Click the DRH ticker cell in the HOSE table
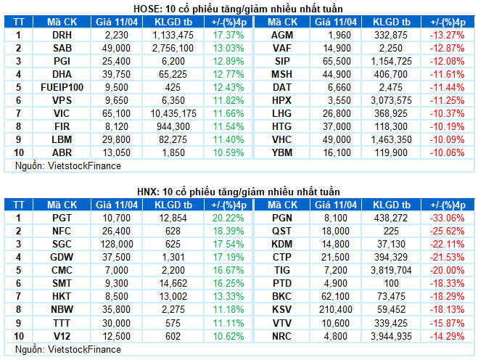pyautogui.click(x=61, y=35)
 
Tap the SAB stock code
pyautogui.click(x=61, y=48)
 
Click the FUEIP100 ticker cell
pyautogui.click(x=61, y=87)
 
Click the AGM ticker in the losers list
pyautogui.click(x=281, y=35)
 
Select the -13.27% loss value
pyautogui.click(x=447, y=35)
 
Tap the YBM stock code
pyautogui.click(x=281, y=153)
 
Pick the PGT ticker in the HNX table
pyautogui.click(x=61, y=217)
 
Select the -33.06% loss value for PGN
pyautogui.click(x=447, y=217)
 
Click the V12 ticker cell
pyautogui.click(x=61, y=335)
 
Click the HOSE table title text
pyautogui.click(x=239, y=8)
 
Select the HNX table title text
pyautogui.click(x=239, y=191)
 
